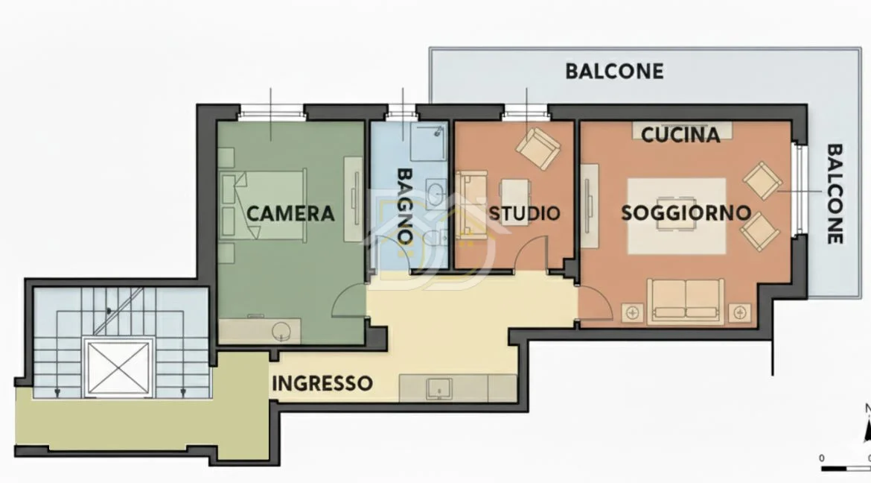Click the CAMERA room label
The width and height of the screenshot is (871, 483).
click(290, 214)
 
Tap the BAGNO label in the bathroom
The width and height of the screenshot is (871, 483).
click(405, 205)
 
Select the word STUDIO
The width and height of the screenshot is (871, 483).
click(524, 213)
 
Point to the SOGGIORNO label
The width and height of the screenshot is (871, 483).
click(686, 212)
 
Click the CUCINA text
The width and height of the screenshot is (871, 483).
click(680, 135)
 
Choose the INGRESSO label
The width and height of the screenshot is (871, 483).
click(322, 383)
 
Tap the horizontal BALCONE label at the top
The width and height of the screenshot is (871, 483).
click(614, 72)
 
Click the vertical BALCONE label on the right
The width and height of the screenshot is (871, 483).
click(835, 194)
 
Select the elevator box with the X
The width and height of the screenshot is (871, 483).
click(118, 367)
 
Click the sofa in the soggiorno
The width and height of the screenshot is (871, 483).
click(686, 301)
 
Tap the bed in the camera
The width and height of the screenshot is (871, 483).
click(264, 205)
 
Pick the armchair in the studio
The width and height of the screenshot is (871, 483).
click(537, 148)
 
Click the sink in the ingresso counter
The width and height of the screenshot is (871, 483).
click(438, 388)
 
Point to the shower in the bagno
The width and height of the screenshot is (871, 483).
click(428, 142)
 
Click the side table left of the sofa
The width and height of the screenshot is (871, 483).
click(632, 313)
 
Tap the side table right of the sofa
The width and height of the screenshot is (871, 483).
click(739, 313)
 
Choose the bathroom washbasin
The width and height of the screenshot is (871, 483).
click(436, 193)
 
